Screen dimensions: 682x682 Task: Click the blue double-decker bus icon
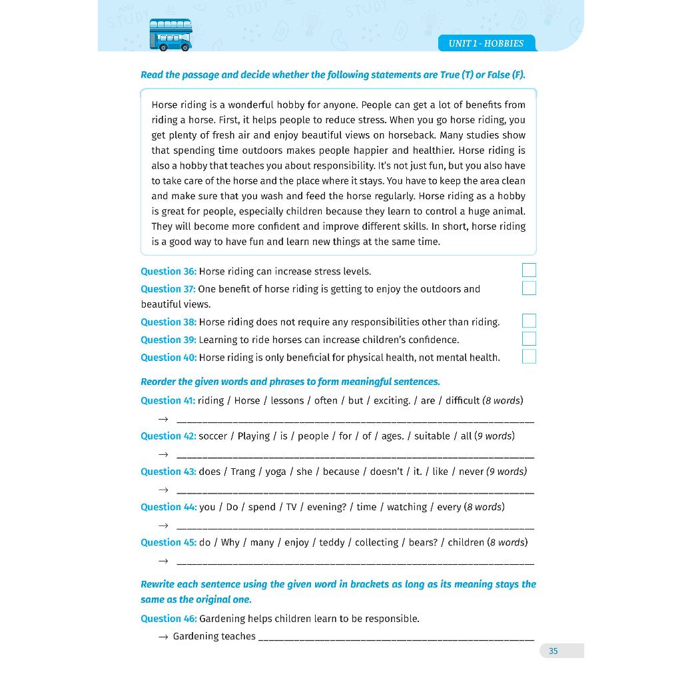(x=170, y=35)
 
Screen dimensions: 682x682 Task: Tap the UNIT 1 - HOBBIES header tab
(x=486, y=43)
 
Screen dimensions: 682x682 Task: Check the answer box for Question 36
(x=529, y=270)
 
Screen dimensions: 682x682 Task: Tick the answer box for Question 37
(x=529, y=288)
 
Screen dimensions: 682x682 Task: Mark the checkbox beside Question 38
(x=529, y=321)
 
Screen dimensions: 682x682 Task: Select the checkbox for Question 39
(x=529, y=339)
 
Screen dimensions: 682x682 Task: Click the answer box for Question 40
(x=529, y=356)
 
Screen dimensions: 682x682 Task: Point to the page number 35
(x=553, y=651)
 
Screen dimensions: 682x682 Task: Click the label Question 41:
(x=168, y=400)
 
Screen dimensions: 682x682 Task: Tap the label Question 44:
(x=169, y=507)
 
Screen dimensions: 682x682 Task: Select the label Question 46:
(x=169, y=618)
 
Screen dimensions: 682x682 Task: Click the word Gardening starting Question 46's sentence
(x=226, y=618)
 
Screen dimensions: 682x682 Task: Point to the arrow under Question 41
(x=163, y=420)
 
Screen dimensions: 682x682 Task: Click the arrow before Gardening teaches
(x=163, y=637)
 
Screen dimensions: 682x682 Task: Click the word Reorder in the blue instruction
(x=160, y=382)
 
